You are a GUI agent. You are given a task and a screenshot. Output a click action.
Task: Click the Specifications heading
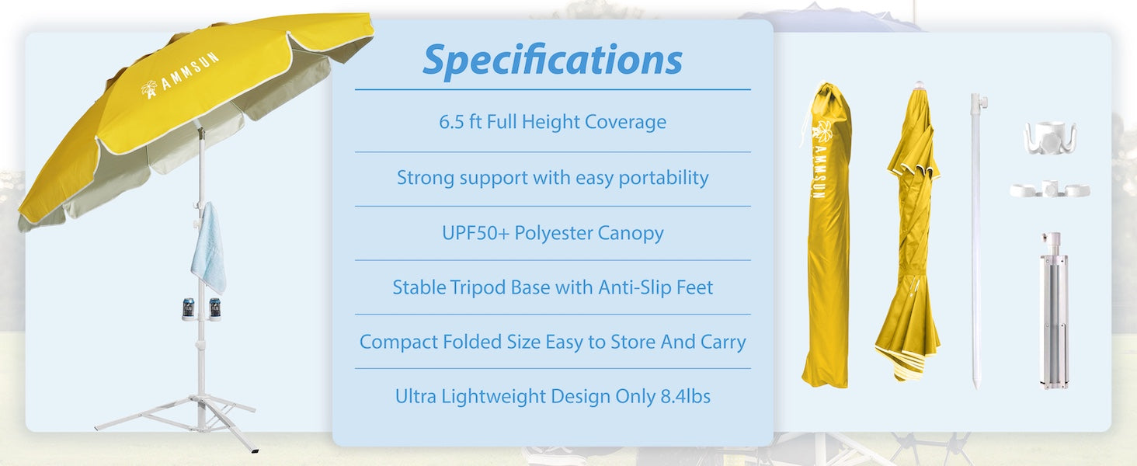pyautogui.click(x=552, y=60)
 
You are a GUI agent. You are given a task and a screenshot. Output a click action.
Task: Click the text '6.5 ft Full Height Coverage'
pyautogui.click(x=552, y=122)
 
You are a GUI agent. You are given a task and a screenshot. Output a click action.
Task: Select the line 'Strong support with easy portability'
pyautogui.click(x=552, y=178)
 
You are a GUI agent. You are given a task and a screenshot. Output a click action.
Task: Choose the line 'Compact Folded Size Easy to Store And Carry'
pyautogui.click(x=552, y=342)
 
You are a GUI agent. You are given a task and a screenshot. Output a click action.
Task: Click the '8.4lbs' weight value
pyautogui.click(x=685, y=396)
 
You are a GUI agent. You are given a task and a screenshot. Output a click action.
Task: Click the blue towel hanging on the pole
pyautogui.click(x=208, y=247)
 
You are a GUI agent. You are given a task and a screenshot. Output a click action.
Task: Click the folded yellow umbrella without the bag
pyautogui.click(x=910, y=233)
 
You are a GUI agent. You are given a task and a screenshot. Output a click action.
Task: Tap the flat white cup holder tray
pyautogui.click(x=1049, y=190)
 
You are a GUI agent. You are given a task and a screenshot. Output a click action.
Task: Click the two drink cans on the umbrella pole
pyautogui.click(x=200, y=308)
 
